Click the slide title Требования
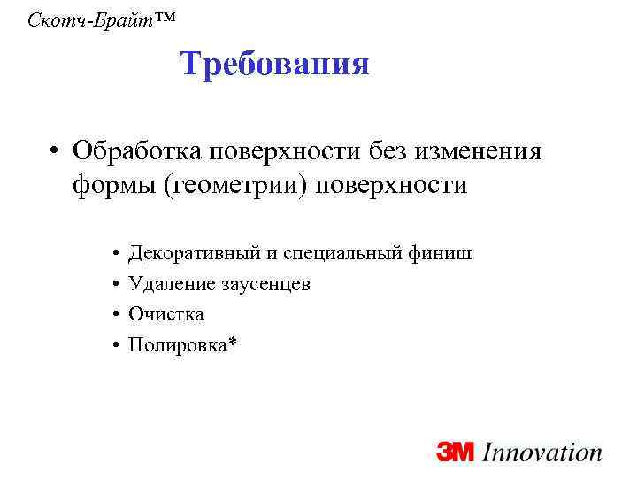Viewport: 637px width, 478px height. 273,65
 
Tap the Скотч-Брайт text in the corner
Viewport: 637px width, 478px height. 81,19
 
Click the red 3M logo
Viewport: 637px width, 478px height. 457,452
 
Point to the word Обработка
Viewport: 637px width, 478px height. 139,151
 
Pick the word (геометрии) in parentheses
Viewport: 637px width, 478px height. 233,187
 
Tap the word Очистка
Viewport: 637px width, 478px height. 165,314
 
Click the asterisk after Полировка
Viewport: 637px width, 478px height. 232,342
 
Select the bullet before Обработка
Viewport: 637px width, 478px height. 55,151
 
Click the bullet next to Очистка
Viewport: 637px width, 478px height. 117,314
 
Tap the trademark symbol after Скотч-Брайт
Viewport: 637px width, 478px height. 149,14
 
